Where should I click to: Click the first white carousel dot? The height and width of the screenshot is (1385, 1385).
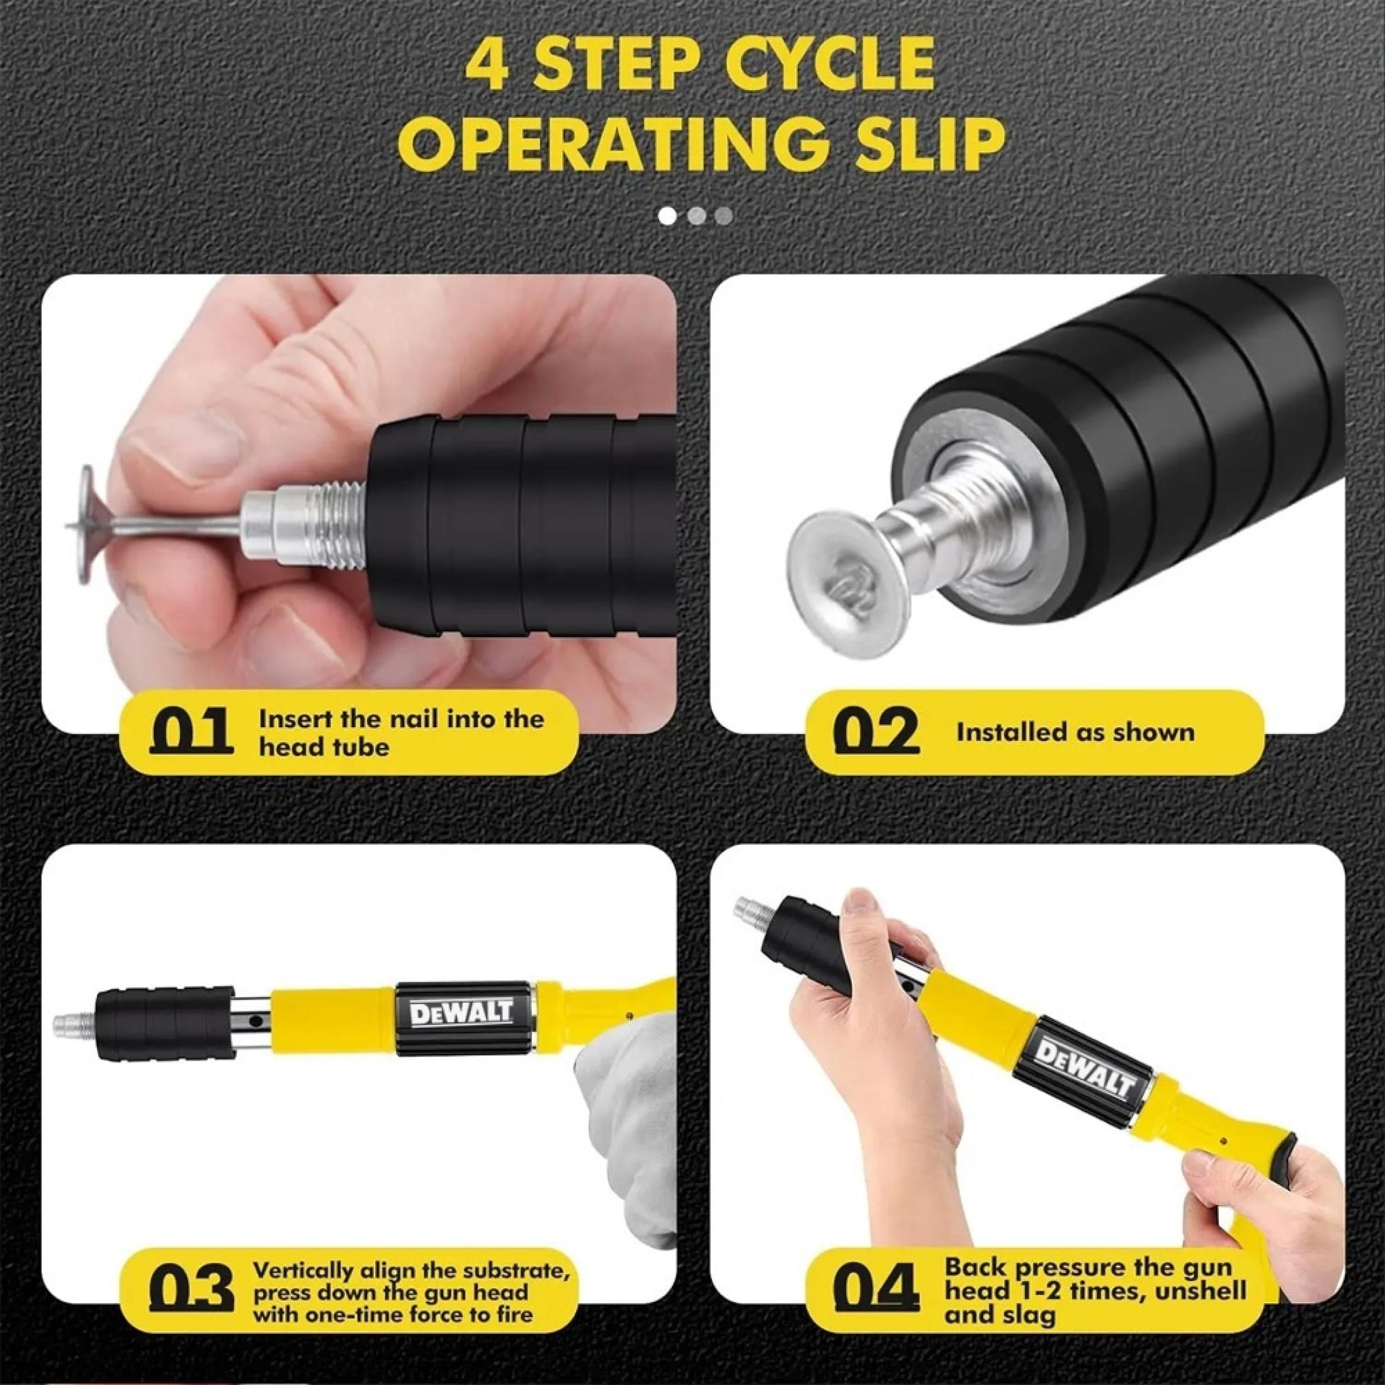pyautogui.click(x=668, y=215)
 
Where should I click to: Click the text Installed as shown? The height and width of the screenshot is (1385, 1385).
pyautogui.click(x=1075, y=732)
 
